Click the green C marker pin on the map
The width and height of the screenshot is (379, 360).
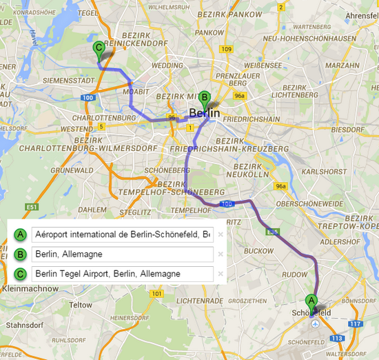pyautogui.click(x=99, y=49)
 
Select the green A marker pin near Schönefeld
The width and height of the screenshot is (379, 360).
pyautogui.click(x=311, y=301)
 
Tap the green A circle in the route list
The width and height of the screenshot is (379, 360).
pyautogui.click(x=21, y=235)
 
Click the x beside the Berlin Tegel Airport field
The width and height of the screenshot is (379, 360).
pyautogui.click(x=220, y=274)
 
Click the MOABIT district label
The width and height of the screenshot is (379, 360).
pyautogui.click(x=136, y=92)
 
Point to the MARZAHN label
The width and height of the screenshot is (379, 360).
pyautogui.click(x=342, y=66)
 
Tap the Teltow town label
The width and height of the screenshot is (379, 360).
pyautogui.click(x=81, y=304)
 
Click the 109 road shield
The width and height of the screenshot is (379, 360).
pyautogui.click(x=226, y=49)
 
